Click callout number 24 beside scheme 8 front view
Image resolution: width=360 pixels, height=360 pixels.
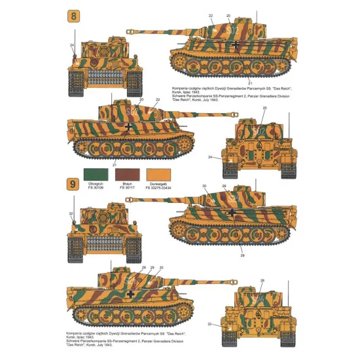point(72,45)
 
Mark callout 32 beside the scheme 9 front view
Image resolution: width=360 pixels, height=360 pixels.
point(71,213)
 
